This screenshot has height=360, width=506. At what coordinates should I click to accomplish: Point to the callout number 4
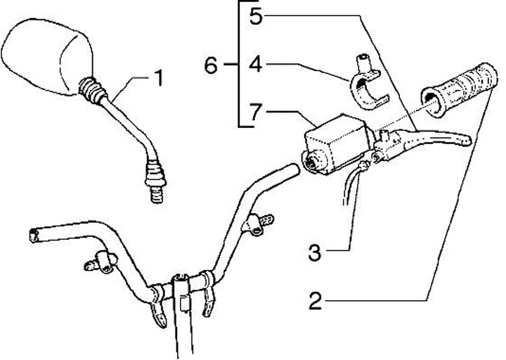point(256,65)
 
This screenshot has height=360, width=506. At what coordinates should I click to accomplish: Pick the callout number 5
point(256,16)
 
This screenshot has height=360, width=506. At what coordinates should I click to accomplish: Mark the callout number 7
point(256,111)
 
